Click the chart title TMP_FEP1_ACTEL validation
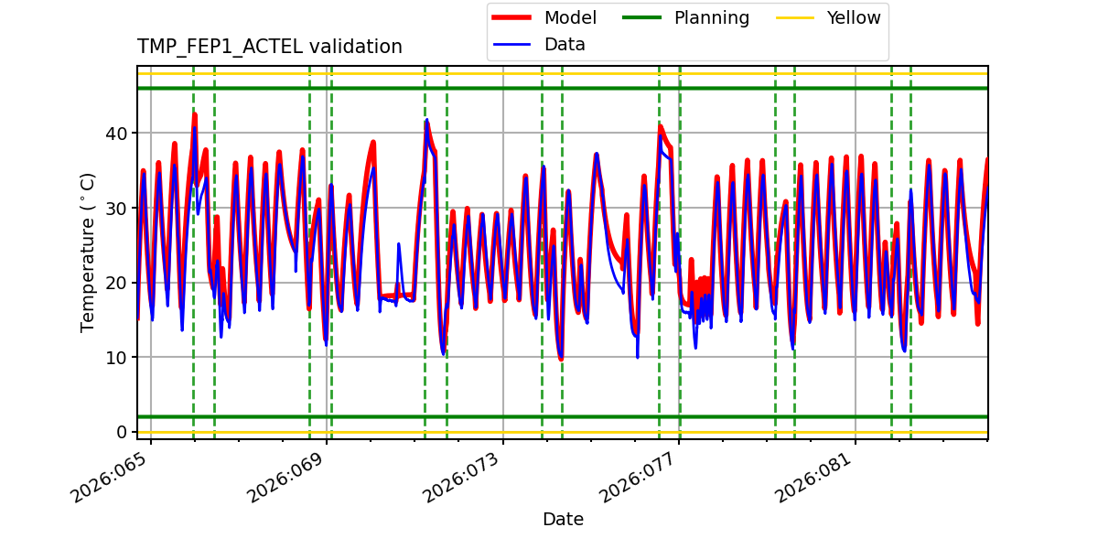pos(270,47)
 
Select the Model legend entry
pos(570,18)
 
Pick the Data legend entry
pos(565,44)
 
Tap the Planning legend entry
pos(711,18)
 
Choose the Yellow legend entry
pos(853,18)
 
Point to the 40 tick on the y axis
pos(119,134)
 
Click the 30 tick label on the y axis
pos(119,208)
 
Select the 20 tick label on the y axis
pos(119,283)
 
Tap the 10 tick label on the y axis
pos(119,357)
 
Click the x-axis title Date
pos(563,520)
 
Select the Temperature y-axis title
pos(89,252)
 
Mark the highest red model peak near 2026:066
pos(194,113)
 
